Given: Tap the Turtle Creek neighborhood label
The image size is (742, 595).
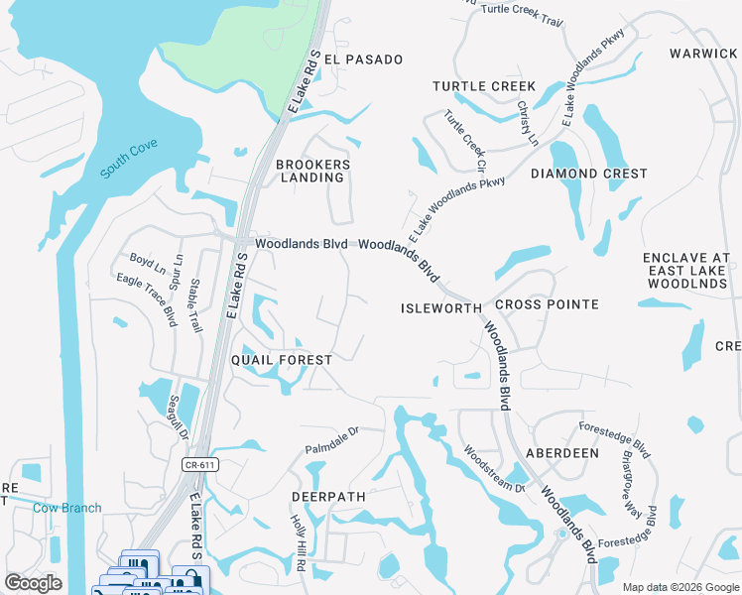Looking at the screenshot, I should (x=483, y=87).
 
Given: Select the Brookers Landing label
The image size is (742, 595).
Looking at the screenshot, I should (x=312, y=171).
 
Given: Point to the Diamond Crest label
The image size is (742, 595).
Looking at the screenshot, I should (x=588, y=174).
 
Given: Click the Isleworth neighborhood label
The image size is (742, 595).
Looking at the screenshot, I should (x=440, y=308).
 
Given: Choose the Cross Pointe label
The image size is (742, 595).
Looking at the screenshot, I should (x=547, y=304).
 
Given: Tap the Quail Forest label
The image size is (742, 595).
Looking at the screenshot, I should (x=282, y=359).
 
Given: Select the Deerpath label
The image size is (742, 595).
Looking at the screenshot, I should (x=328, y=496).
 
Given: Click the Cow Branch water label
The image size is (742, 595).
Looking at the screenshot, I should (x=66, y=509).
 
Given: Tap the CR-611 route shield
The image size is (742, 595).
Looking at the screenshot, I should (x=199, y=463).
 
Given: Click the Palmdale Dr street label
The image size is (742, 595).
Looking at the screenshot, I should (x=330, y=438).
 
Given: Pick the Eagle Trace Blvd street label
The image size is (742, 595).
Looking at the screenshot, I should (x=146, y=299).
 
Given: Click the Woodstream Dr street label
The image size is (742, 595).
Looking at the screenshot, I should (x=493, y=467).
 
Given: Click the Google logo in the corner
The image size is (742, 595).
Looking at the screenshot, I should (x=33, y=583).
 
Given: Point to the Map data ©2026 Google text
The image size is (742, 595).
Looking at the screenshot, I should (x=680, y=587).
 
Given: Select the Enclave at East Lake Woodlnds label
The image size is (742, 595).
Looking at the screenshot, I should (x=686, y=271).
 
